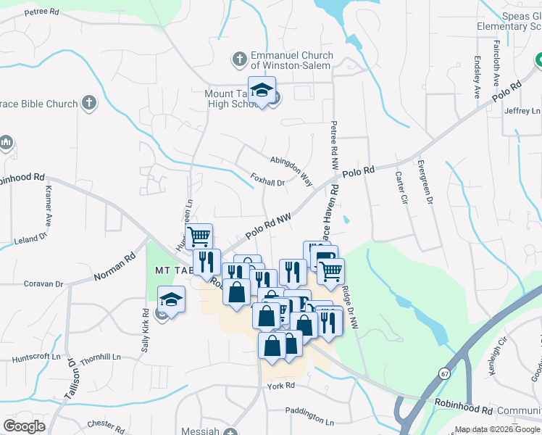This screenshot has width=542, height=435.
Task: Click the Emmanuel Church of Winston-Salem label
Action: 291,60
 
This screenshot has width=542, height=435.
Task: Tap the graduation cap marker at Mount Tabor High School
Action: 262,90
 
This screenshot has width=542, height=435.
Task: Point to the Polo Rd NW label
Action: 267,225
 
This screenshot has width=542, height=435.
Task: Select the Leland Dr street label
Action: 30,237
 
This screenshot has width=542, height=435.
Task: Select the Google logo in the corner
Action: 24,426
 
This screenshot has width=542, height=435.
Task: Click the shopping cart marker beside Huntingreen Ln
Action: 199,235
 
